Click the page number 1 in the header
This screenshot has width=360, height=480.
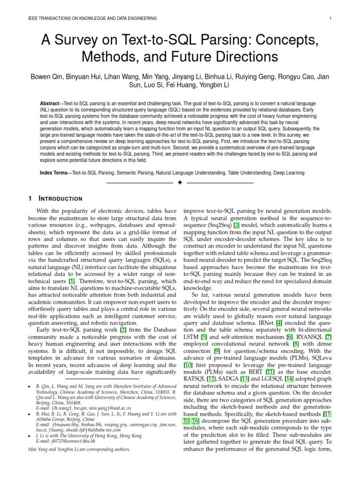pyautogui.click(x=331, y=18)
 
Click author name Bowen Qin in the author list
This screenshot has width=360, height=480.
pyautogui.click(x=49, y=77)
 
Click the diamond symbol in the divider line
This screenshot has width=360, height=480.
pyautogui.click(x=180, y=182)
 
